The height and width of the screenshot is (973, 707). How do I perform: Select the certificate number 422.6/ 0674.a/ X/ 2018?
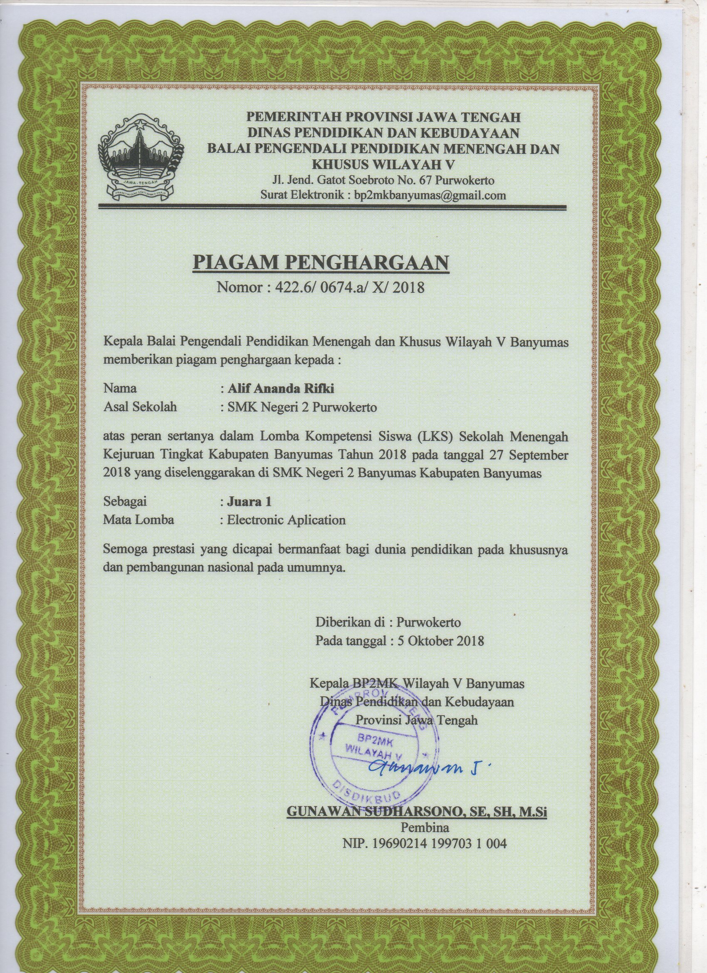point(345,287)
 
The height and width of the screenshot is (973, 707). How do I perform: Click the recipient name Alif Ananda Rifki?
point(281,388)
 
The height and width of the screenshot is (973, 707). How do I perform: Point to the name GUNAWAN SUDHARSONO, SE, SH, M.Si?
point(416,812)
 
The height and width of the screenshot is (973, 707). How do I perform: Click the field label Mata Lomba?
point(138,520)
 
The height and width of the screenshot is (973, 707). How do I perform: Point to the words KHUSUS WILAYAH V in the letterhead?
point(383,164)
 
